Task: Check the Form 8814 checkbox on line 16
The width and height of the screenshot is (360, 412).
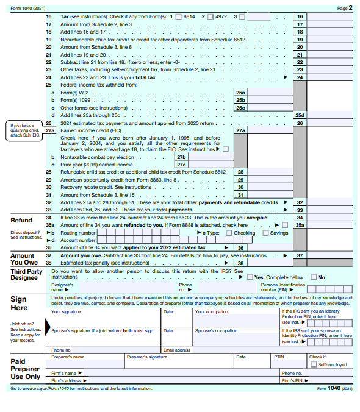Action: coord(178,16)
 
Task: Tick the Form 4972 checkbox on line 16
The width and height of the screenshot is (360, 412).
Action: coord(211,16)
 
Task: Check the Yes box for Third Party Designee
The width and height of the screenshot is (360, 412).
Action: coord(250,277)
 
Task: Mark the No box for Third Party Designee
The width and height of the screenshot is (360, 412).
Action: coord(314,277)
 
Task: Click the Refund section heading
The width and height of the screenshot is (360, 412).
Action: coord(21,220)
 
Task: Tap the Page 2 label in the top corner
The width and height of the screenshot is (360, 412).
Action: coord(344,8)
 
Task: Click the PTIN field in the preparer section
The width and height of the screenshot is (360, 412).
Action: coord(288,364)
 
